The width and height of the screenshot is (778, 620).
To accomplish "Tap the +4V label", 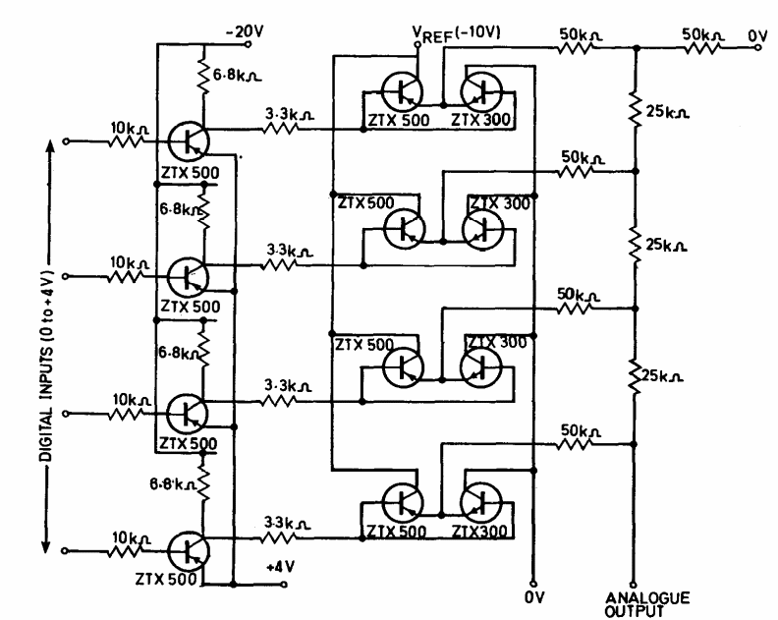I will tap(280, 568).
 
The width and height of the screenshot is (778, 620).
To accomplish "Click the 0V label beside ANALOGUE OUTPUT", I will tap(532, 595).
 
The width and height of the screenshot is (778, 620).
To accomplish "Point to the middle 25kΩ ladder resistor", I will tap(634, 240).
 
